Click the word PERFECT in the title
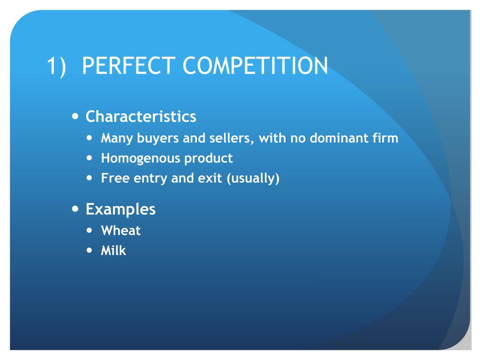click(x=128, y=66)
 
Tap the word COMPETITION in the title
click(x=255, y=66)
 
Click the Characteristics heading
click(x=141, y=116)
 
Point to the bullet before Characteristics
click(x=75, y=116)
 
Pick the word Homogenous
click(x=140, y=158)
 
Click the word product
click(x=208, y=158)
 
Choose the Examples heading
click(x=120, y=209)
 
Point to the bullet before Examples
click(x=75, y=209)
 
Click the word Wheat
click(x=120, y=231)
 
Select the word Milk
click(x=113, y=250)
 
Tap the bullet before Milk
click(x=90, y=250)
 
